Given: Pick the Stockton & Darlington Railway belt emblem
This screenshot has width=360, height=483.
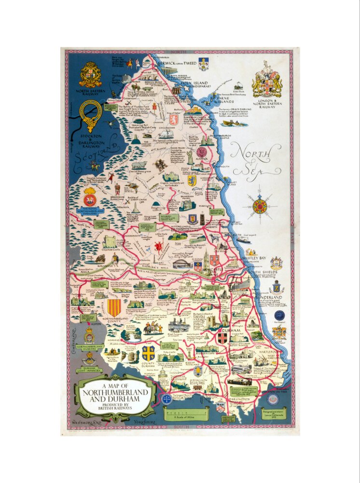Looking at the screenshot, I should click(90, 114).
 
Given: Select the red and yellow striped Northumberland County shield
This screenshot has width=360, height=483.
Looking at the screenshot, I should click(114, 307).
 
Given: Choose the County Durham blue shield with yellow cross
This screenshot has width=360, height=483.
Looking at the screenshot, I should click(148, 352).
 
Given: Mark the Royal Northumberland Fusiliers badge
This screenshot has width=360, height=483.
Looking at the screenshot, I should click(90, 199).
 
